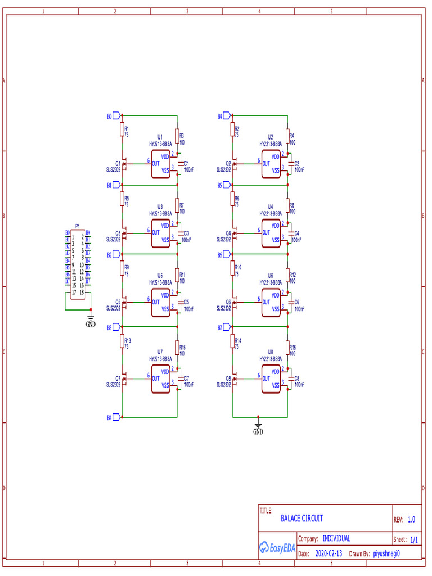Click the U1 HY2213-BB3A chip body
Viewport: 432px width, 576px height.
point(160,164)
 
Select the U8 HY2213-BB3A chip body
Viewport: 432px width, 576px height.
point(271,379)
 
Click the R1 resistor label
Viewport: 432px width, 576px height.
point(127,129)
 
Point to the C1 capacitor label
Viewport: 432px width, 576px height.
point(187,163)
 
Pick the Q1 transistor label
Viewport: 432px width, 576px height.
point(118,164)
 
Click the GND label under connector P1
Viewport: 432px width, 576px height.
point(91,325)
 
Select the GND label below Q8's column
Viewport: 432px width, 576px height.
point(258,432)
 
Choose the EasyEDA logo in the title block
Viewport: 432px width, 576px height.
point(277,547)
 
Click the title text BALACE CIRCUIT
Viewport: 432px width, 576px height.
point(302,519)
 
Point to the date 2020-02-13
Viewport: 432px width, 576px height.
point(328,553)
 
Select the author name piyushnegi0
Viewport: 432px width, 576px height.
point(386,553)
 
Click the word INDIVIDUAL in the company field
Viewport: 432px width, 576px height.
point(336,538)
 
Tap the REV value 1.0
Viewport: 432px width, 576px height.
point(411,520)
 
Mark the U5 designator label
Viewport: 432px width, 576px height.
point(160,276)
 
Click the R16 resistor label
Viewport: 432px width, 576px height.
point(292,348)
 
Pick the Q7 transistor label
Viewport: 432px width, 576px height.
point(118,379)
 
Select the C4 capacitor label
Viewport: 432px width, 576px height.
point(297,232)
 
